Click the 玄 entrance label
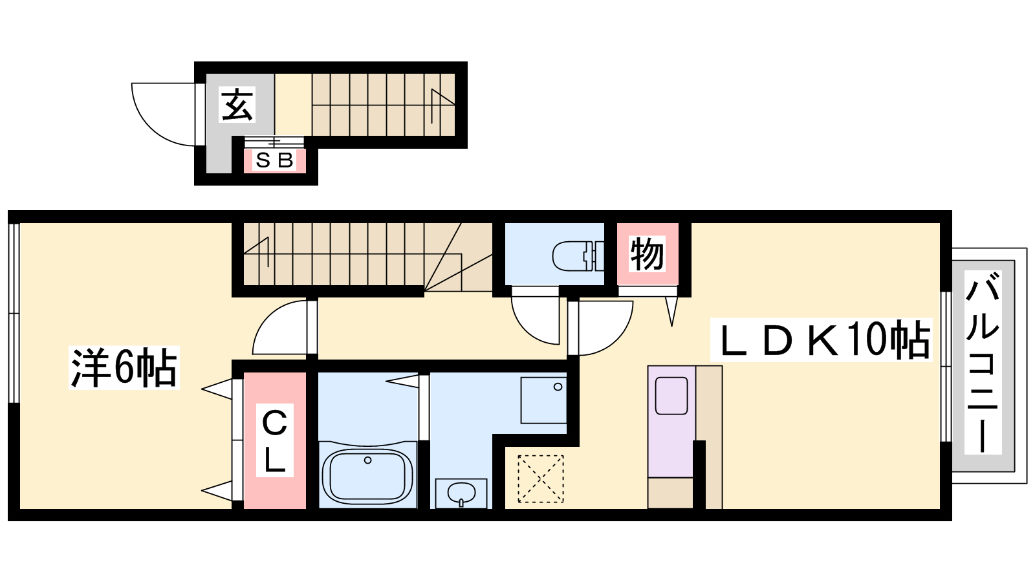click(x=237, y=104)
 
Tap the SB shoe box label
click(x=274, y=160)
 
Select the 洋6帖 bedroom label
click(x=124, y=368)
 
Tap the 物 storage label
click(x=648, y=254)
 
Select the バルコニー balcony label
click(x=983, y=362)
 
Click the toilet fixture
click(x=578, y=255)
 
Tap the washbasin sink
click(x=461, y=494)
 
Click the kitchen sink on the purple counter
click(x=672, y=396)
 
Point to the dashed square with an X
click(x=541, y=479)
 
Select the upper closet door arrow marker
click(x=217, y=389)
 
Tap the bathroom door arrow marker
click(x=402, y=381)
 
